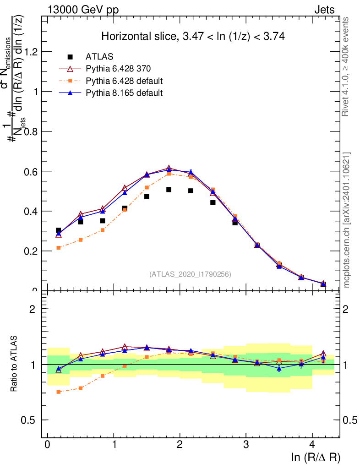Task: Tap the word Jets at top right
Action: tap(324, 10)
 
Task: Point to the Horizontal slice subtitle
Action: tap(193, 37)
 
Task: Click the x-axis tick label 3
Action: tap(246, 444)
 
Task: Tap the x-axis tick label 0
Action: tap(48, 444)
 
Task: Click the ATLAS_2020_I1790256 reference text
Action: tap(190, 274)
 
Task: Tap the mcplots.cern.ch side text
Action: tap(346, 220)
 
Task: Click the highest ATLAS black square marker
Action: tap(169, 190)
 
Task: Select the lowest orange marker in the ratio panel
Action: tap(59, 392)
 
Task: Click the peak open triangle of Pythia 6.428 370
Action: tap(169, 169)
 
